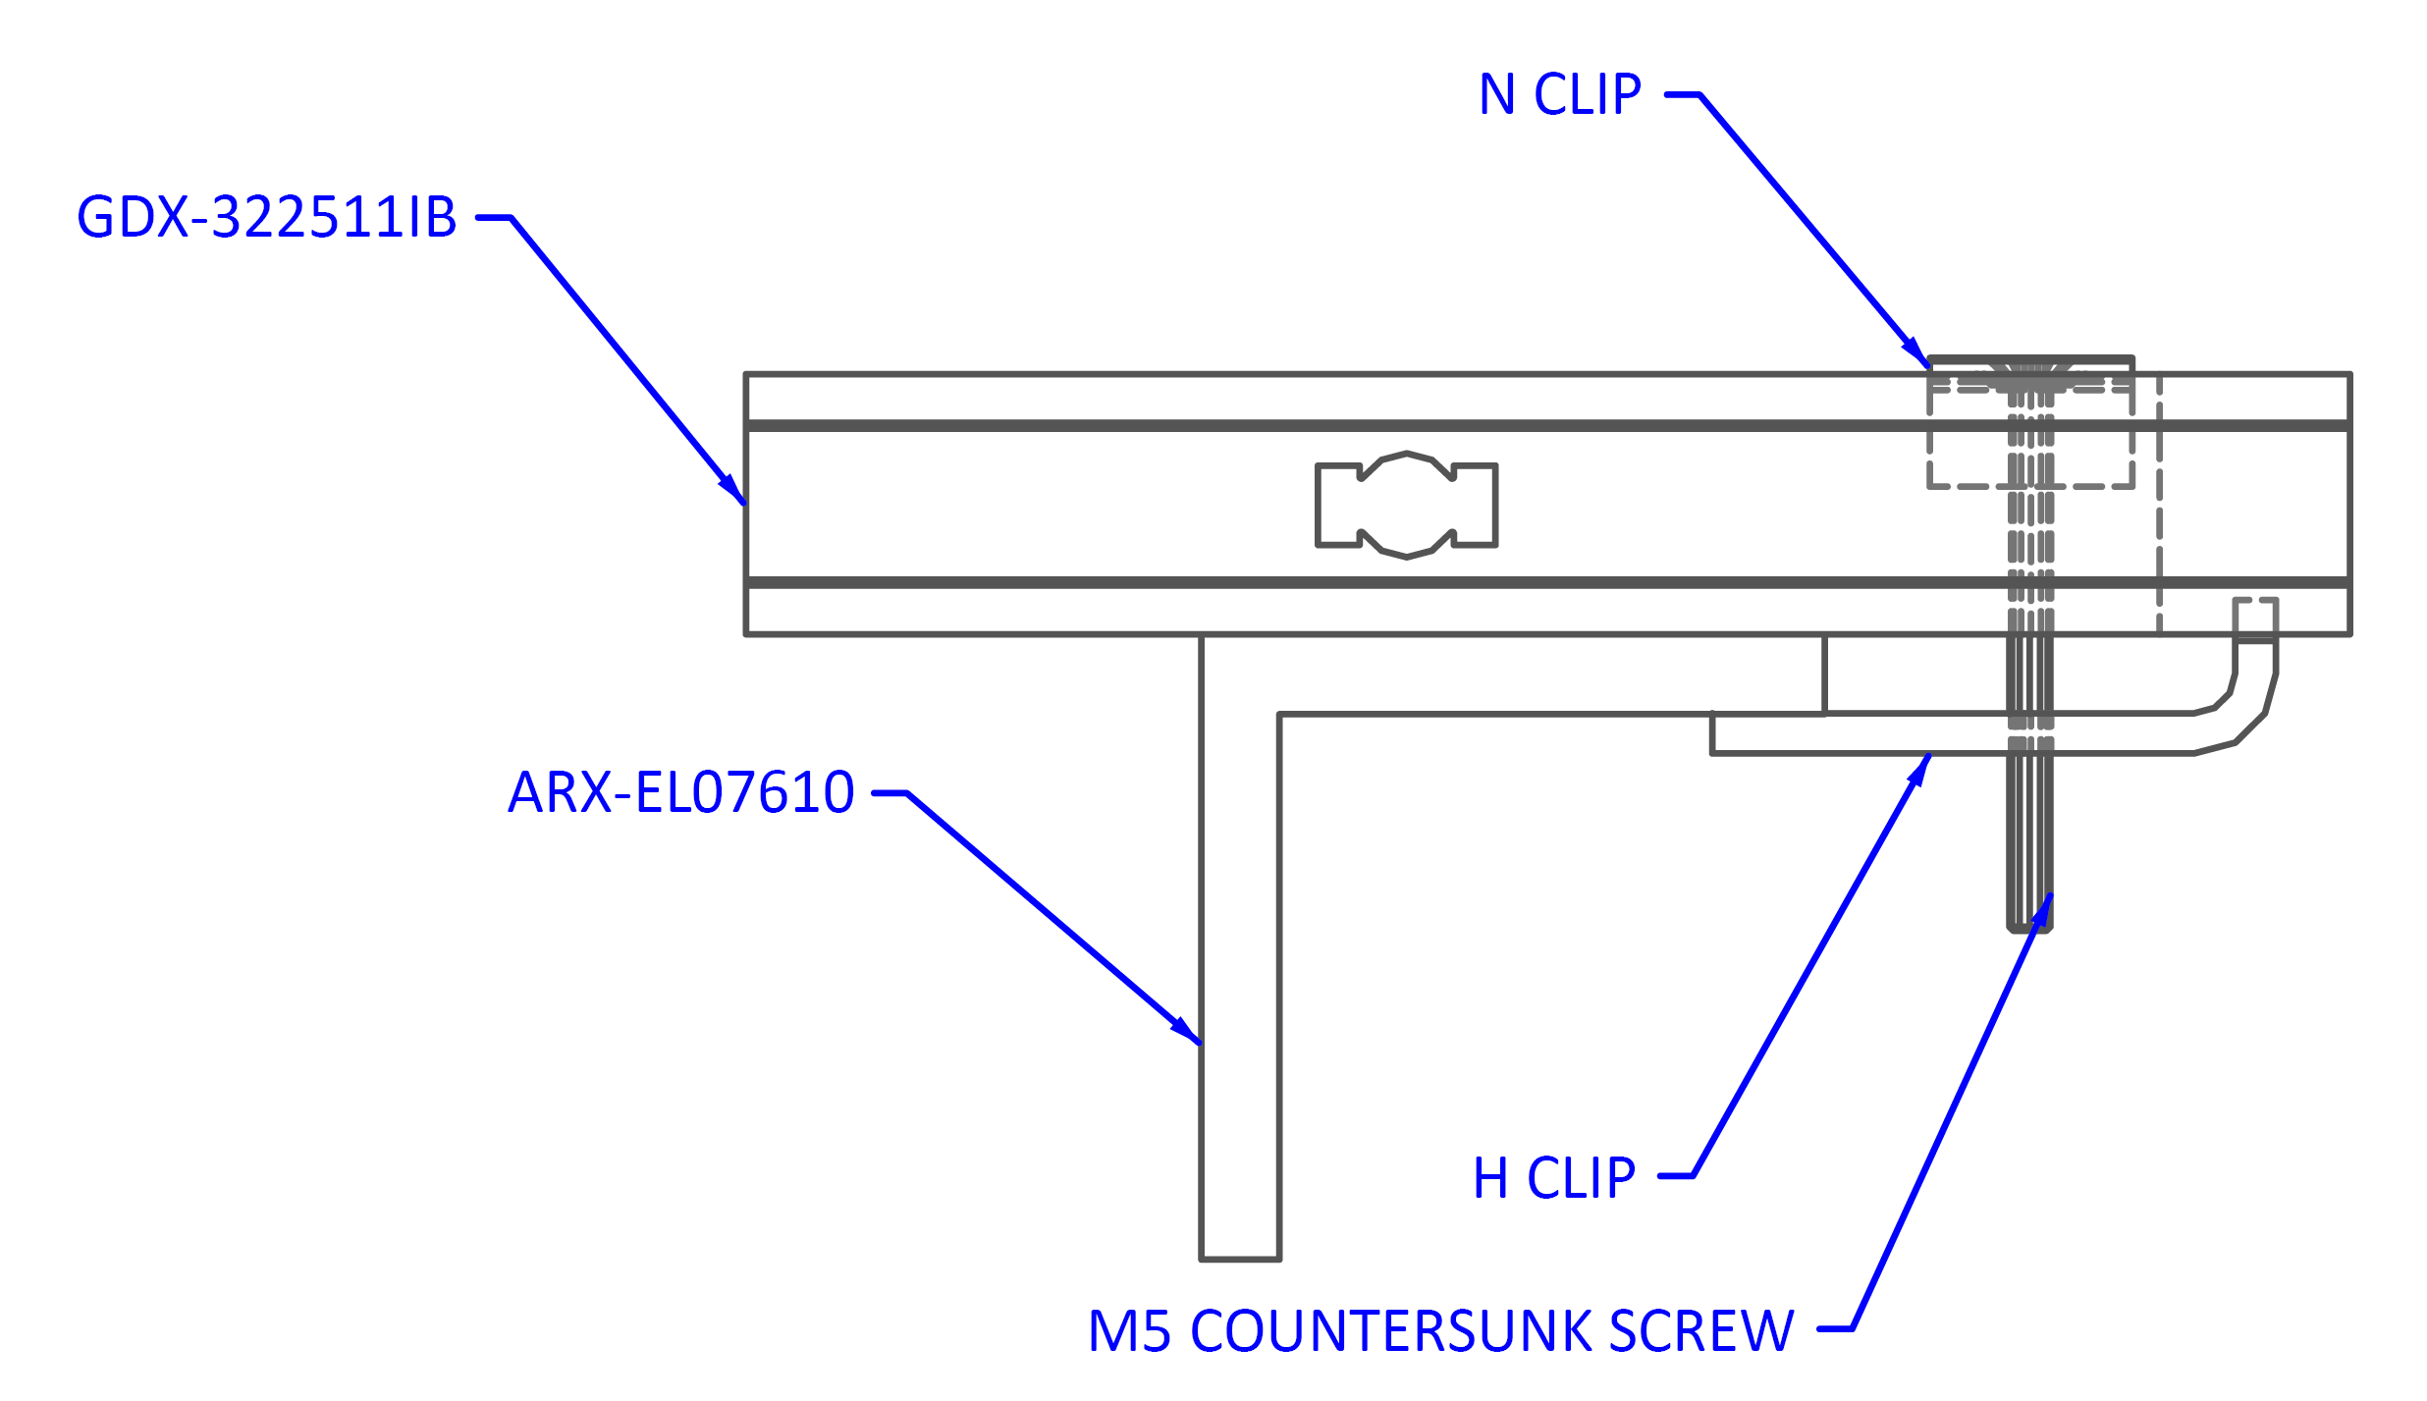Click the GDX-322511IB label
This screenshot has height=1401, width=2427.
coord(268,217)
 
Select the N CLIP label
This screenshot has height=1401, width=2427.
coord(1565,94)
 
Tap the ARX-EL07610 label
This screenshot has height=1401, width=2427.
coord(681,792)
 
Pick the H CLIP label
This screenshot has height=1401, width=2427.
coord(1558,1178)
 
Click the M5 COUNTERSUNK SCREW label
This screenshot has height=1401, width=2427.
coord(1444,1331)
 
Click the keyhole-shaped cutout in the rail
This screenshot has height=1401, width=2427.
coord(1406,505)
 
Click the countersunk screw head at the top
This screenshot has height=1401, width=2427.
coord(2030,370)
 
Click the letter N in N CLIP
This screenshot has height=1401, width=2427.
coord(1496,94)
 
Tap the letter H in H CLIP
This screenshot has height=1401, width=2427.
coord(1489,1178)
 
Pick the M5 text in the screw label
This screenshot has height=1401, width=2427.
coord(1129,1331)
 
